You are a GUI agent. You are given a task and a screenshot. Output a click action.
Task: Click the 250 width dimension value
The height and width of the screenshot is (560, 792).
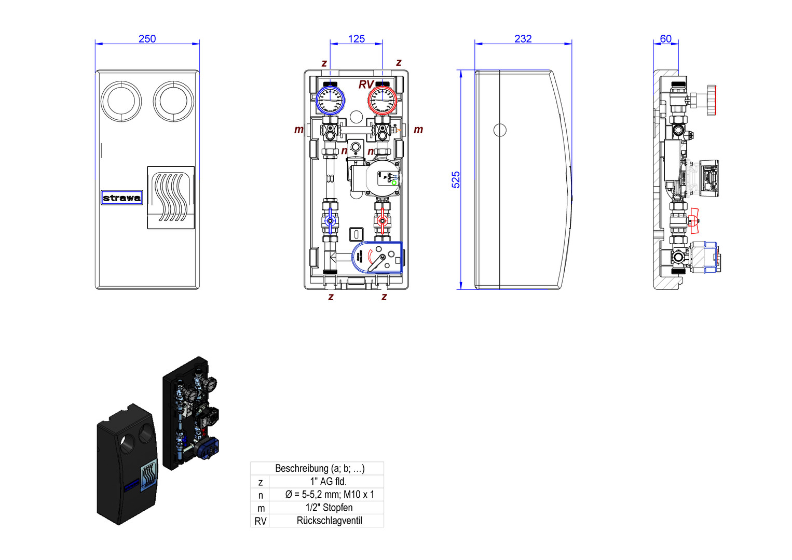click(x=147, y=39)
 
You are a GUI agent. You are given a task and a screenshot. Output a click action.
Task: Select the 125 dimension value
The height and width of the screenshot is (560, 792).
click(x=357, y=39)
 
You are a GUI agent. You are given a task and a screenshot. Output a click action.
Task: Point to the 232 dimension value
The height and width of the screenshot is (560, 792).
click(x=523, y=39)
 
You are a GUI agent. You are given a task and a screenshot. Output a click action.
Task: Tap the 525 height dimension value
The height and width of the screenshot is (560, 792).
click(x=456, y=179)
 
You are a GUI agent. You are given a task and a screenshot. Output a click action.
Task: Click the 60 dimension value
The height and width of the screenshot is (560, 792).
click(x=666, y=39)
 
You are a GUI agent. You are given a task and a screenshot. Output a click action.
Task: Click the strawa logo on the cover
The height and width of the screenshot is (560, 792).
click(x=122, y=198)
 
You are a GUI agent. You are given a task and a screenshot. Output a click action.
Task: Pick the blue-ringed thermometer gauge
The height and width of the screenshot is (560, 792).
click(x=330, y=100)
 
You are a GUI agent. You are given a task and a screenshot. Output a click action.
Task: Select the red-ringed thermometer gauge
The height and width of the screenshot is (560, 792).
click(x=383, y=100)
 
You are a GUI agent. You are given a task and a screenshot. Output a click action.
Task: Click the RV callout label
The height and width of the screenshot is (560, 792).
click(x=366, y=85)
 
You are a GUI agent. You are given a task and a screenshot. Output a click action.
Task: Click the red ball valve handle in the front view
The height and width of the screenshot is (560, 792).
click(x=383, y=221)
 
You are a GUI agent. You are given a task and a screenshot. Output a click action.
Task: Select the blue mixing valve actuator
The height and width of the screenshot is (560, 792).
click(x=377, y=258)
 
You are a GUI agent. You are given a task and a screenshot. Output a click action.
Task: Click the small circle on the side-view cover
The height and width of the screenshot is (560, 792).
click(x=500, y=130)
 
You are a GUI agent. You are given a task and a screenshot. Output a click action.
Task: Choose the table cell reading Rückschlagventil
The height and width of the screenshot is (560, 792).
click(x=329, y=521)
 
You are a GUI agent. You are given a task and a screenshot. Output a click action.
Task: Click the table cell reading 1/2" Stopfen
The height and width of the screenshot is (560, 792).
click(x=329, y=508)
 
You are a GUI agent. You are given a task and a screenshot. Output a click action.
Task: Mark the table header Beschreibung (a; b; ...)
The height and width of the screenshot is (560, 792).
click(x=320, y=468)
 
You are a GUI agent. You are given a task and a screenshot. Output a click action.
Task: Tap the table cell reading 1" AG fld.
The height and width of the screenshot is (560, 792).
click(x=329, y=481)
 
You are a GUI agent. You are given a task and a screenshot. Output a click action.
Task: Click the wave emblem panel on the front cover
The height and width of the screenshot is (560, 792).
click(x=171, y=198)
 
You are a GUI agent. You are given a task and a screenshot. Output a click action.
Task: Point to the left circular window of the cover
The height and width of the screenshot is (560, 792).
click(x=121, y=101)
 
